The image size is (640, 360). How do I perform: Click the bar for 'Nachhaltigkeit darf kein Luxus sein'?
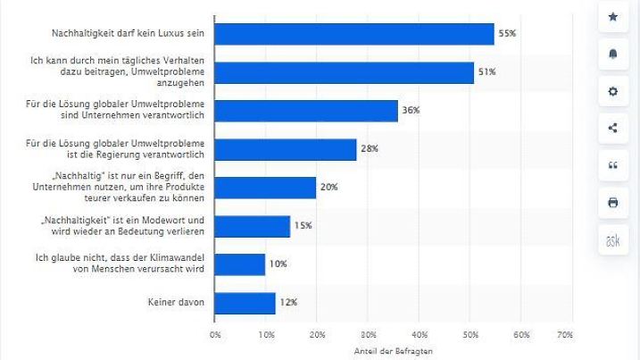pyautogui.click(x=354, y=34)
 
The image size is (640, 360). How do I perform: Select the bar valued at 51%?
pyautogui.click(x=345, y=72)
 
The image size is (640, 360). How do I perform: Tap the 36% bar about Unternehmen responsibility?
pyautogui.click(x=306, y=111)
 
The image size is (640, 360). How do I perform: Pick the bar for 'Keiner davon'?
pyautogui.click(x=245, y=303)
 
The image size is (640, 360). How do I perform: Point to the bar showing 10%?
pyautogui.click(x=240, y=264)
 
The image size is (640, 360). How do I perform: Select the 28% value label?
pyautogui.click(x=370, y=149)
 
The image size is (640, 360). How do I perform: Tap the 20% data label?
pyautogui.click(x=329, y=188)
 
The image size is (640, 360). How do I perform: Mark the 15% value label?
pyautogui.click(x=303, y=226)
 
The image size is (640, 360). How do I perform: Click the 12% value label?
pyautogui.click(x=288, y=303)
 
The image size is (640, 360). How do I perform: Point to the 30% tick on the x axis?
pyautogui.click(x=368, y=334)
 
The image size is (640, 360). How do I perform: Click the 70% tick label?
pyautogui.click(x=564, y=334)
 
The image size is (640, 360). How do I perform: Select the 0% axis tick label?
pyautogui.click(x=215, y=334)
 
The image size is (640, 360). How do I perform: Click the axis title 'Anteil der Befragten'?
pyautogui.click(x=390, y=351)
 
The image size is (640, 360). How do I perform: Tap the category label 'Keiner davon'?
pyautogui.click(x=178, y=303)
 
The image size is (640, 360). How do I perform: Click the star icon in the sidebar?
pyautogui.click(x=612, y=17)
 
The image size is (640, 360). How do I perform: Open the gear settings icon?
pyautogui.click(x=612, y=91)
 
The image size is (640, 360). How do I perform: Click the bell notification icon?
pyautogui.click(x=612, y=54)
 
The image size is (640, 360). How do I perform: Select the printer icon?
pyautogui.click(x=612, y=203)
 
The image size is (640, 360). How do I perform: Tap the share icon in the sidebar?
pyautogui.click(x=612, y=128)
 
